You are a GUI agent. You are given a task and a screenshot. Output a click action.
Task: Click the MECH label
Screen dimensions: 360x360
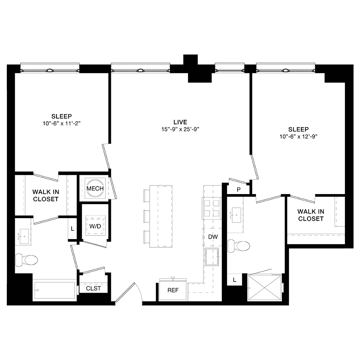tap(95, 188)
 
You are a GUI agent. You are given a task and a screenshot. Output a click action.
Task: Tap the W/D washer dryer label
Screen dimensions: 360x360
tap(95, 227)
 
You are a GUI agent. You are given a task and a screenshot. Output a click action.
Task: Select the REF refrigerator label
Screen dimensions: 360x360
tap(173, 290)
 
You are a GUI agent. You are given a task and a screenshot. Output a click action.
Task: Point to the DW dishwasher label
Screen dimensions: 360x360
tap(212, 237)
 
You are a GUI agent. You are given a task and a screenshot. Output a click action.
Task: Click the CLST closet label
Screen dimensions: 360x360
tap(93, 288)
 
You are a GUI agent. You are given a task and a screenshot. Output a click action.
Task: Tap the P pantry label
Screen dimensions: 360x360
tap(238, 190)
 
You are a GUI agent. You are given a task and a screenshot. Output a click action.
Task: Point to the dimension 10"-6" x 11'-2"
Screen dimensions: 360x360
tap(61, 123)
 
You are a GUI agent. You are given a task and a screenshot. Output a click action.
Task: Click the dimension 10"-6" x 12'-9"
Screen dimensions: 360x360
tap(298, 136)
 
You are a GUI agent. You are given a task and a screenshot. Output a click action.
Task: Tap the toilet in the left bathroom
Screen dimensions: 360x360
tap(27, 260)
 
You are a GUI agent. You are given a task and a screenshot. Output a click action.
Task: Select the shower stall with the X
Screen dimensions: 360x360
tap(265, 288)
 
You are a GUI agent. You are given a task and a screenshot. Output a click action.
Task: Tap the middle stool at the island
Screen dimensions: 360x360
tap(146, 216)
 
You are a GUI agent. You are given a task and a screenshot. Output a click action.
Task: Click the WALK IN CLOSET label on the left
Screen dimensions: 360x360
tap(45, 195)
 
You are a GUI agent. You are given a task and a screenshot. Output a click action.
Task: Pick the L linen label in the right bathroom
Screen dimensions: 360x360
tap(234, 280)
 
